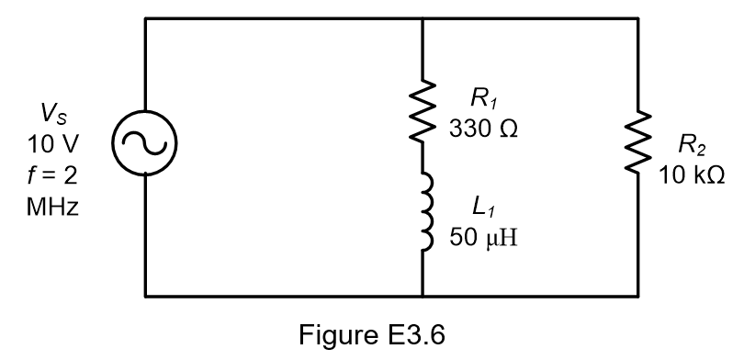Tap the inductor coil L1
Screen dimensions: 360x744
(x=422, y=223)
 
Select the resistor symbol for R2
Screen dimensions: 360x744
(x=637, y=143)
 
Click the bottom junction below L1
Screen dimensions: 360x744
(x=422, y=297)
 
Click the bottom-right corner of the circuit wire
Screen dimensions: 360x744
(x=637, y=297)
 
